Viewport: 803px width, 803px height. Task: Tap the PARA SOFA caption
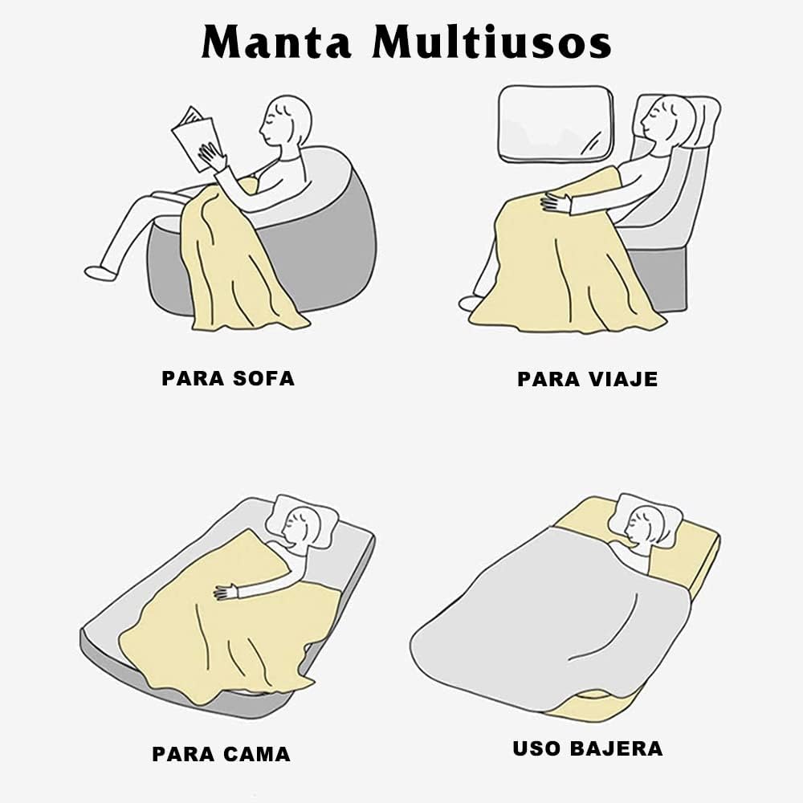click(228, 378)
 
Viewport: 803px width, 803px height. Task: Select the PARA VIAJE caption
click(587, 379)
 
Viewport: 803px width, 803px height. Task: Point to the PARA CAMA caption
click(221, 754)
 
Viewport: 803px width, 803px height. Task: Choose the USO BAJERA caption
click(587, 748)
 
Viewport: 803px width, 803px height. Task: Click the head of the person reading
click(287, 121)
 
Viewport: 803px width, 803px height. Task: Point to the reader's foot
click(100, 273)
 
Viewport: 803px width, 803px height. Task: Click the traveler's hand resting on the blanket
click(556, 202)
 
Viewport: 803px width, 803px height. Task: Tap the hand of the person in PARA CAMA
click(226, 593)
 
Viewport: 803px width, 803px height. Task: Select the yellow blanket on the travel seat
click(562, 265)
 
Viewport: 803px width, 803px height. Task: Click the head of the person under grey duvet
click(645, 526)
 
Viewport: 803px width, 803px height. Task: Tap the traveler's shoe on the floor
click(470, 303)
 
